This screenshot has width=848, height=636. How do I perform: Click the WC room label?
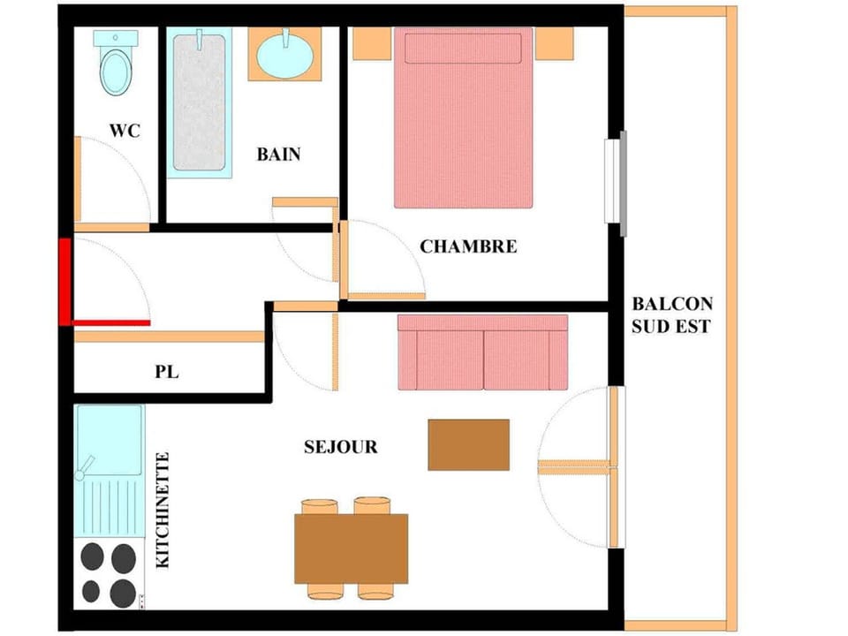coord(124,130)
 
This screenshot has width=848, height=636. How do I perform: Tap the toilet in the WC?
coord(115,64)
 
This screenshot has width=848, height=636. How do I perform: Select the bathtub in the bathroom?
coord(199,102)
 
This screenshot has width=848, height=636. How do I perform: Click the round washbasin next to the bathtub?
coord(284,55)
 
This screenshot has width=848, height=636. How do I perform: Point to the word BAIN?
coord(278,154)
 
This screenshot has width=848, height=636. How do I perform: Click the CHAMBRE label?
coord(467,246)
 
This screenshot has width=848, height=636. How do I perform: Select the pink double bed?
coord(463,117)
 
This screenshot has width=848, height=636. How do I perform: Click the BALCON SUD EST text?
coord(671,315)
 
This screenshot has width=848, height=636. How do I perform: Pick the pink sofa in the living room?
coord(482,352)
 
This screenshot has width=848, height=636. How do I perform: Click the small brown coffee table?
coord(468,444)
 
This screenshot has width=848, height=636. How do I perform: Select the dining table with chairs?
coord(351,548)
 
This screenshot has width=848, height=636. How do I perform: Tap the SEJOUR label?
coord(340,447)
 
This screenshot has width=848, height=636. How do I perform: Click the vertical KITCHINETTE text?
coord(163,510)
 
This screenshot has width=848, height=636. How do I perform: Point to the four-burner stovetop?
coord(110,573)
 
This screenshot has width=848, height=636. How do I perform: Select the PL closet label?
coord(166,372)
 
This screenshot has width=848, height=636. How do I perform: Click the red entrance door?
coord(65,281)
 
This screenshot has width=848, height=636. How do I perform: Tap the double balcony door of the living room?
coord(614,466)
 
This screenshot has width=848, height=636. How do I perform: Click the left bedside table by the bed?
coord(372,42)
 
